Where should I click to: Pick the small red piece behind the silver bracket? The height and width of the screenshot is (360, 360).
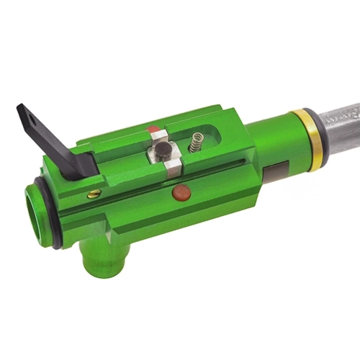click(x=153, y=130)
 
